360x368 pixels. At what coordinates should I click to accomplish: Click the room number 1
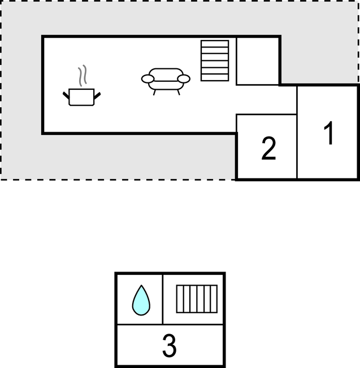point(329,133)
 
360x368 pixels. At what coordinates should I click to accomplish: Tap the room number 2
point(268,148)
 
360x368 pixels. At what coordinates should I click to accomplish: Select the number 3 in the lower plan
point(169,345)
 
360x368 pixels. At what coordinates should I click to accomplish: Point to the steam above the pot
point(83,75)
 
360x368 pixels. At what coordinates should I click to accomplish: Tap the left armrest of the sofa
point(148,79)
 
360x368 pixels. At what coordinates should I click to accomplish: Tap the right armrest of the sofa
point(184,79)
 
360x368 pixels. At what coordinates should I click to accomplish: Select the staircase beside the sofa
point(215,61)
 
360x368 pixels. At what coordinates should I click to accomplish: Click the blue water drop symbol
point(141,300)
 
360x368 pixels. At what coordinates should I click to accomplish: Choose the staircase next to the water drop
point(197,299)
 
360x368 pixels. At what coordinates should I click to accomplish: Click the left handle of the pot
point(66,95)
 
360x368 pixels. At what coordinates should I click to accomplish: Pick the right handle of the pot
point(97,95)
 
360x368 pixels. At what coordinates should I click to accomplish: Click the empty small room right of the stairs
point(258,61)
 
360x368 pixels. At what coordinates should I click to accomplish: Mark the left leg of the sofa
point(154,92)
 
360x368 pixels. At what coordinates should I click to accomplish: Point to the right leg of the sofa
point(179,92)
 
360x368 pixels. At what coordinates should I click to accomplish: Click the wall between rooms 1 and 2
point(297,133)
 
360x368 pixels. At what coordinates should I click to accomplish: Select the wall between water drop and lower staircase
point(162,299)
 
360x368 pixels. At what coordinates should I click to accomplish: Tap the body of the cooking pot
point(81,97)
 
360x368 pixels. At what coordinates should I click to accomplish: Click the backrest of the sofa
point(166,75)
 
